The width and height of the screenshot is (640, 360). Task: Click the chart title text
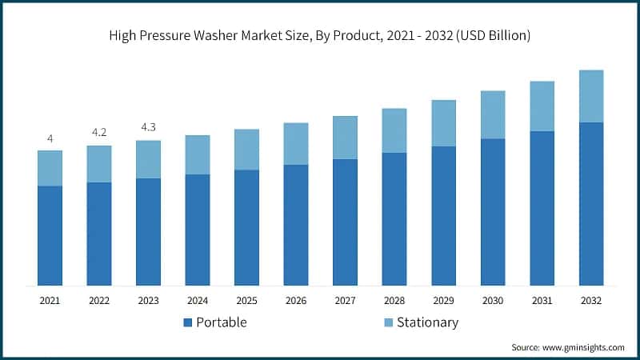pyautogui.click(x=320, y=36)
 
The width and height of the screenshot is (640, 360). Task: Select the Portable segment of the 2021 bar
pyautogui.click(x=50, y=235)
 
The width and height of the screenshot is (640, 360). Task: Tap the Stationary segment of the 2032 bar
pyautogui.click(x=591, y=96)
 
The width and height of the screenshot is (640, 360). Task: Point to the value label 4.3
pyautogui.click(x=148, y=127)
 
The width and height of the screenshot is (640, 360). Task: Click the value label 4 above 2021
pyautogui.click(x=50, y=138)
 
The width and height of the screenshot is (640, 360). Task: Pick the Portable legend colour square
pyautogui.click(x=188, y=323)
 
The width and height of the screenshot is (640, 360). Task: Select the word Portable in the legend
pyautogui.click(x=222, y=322)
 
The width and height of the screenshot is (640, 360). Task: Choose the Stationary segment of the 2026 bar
pyautogui.click(x=296, y=144)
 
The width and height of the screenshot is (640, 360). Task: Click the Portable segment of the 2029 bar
pyautogui.click(x=443, y=216)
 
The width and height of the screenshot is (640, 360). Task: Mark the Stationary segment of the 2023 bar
pyautogui.click(x=148, y=159)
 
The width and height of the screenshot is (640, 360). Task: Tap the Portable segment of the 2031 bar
pyautogui.click(x=542, y=208)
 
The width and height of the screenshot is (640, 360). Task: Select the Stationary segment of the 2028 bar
pyautogui.click(x=394, y=130)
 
